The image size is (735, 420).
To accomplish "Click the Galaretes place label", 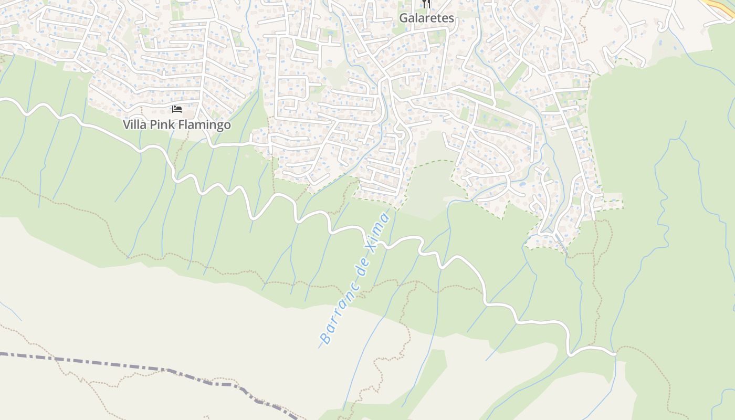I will pos(426,18).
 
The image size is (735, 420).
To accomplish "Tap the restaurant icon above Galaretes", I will pos(426,4).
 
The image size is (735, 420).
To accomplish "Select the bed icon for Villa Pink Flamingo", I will pos(177,109).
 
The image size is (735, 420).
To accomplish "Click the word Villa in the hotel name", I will pos(133,125).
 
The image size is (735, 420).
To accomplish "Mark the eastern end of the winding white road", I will pos(614,354).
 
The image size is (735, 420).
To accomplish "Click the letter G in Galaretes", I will pos(403,18).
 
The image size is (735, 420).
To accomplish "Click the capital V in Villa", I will pos(127,125).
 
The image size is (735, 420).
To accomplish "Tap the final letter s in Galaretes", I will pos(450,18).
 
